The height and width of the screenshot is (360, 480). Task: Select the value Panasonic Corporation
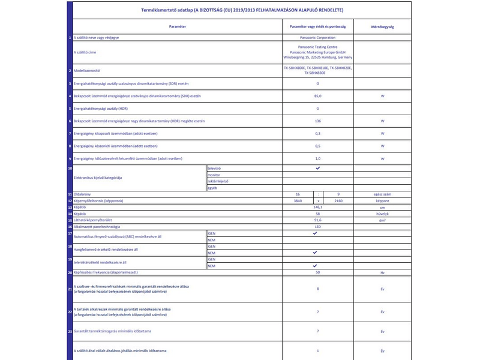coord(317,38)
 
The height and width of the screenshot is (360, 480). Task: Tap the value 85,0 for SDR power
coord(317,96)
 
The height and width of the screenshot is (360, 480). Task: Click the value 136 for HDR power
coord(317,121)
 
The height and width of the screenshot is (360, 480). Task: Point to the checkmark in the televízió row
coord(317,169)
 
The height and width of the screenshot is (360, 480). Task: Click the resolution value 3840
coord(298,200)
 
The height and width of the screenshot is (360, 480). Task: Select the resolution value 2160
coord(338,200)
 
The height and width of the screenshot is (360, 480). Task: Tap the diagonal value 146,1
coord(317,207)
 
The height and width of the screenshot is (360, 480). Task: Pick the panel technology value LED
coord(317,227)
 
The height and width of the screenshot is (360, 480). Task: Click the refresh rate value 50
coord(317,272)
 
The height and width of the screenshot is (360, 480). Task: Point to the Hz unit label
coord(382,272)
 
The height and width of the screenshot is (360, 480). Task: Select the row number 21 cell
coord(70,289)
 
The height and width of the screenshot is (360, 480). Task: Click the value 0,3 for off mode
coord(317,133)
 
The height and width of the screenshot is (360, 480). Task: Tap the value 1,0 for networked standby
coord(317,158)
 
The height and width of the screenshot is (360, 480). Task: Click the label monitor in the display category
coord(214,175)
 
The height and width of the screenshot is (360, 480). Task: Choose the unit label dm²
coord(382,220)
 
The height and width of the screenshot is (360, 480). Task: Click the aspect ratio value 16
coord(298,194)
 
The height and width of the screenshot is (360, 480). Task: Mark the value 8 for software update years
coord(317,289)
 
